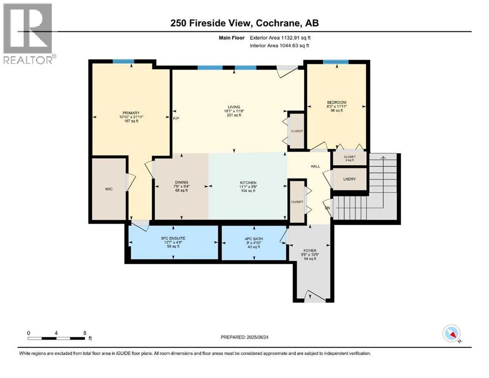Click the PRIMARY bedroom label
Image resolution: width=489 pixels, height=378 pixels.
[x=131, y=113]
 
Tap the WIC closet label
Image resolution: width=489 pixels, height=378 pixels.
[x=109, y=189]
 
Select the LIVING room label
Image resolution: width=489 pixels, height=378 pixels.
[x=234, y=107]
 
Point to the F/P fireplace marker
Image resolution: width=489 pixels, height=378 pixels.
[x=176, y=119]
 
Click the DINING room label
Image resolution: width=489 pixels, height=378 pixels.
[x=182, y=182]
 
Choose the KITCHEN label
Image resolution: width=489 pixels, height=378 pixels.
[x=248, y=183]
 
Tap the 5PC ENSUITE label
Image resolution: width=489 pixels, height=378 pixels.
[x=173, y=238]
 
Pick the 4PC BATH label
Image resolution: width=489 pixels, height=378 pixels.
[x=254, y=239]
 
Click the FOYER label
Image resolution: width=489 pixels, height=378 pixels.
[x=310, y=251]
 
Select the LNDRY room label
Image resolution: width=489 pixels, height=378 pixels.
[x=350, y=179]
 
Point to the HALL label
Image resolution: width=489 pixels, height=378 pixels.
[x=315, y=166]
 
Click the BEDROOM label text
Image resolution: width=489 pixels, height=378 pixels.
[x=337, y=102]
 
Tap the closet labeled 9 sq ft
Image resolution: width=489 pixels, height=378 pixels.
[x=350, y=158]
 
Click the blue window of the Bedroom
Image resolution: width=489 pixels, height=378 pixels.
[x=335, y=62]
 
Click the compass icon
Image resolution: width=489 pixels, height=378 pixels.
[x=452, y=333]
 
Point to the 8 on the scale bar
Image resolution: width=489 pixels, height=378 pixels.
[x=85, y=333]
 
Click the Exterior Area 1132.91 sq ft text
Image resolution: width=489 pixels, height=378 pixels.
[x=280, y=38]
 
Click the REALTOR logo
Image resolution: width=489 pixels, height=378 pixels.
[x=29, y=33]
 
